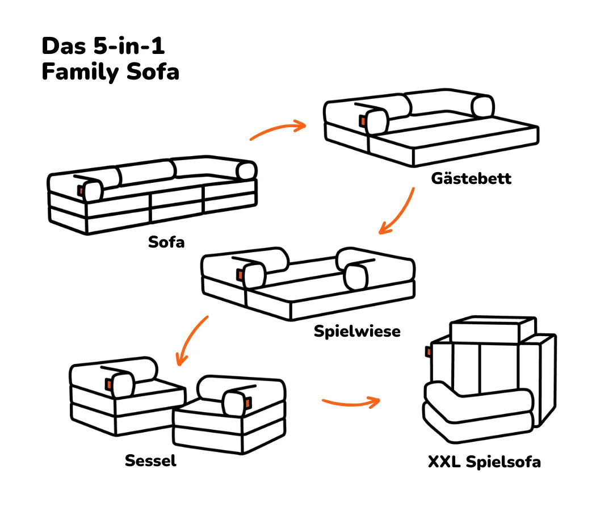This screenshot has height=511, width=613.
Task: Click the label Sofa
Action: [x=166, y=242]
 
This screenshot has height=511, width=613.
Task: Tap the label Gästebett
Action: [x=471, y=178]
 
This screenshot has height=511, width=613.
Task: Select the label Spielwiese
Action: [x=357, y=332]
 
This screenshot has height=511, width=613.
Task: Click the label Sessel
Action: [x=150, y=460]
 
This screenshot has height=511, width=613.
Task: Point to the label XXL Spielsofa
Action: [x=484, y=462]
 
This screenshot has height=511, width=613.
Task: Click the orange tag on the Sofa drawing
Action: [x=81, y=191]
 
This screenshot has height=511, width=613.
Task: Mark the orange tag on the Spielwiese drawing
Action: [x=240, y=275]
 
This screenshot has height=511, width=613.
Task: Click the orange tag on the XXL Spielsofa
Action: [x=429, y=352]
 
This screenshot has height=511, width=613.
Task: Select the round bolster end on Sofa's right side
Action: [x=247, y=171]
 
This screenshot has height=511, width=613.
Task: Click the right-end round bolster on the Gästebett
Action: [x=484, y=107]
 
